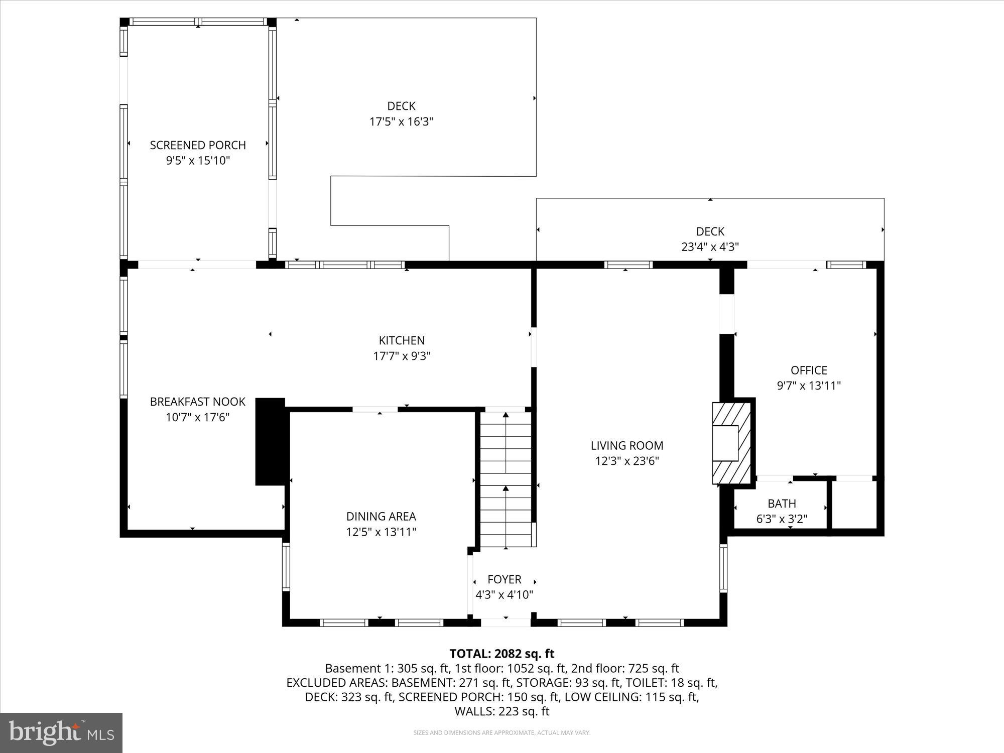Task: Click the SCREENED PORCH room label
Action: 198,145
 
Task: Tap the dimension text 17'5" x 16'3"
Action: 401,121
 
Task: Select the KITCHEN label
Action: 402,340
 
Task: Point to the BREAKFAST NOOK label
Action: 198,402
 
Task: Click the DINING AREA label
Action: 381,516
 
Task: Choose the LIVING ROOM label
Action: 626,445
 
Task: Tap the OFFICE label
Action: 809,370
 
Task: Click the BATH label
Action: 782,504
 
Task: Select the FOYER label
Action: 505,579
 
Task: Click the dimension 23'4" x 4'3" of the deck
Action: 710,247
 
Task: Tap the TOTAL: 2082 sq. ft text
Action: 501,654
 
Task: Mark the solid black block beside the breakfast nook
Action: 271,442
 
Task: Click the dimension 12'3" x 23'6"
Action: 626,461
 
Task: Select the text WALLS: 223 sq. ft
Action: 501,711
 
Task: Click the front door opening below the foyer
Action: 506,622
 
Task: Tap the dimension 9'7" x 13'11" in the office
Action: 809,386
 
